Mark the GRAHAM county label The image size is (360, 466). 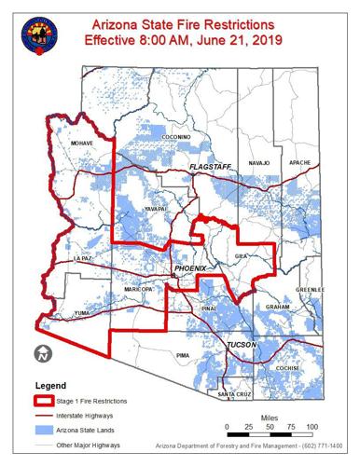pos(277,307)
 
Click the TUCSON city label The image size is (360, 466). pos(242,346)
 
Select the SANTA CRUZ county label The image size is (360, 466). pos(234,396)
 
